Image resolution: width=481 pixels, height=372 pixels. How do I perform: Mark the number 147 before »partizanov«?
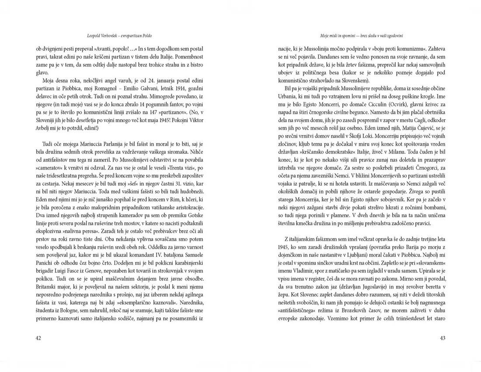[x=160, y=112]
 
